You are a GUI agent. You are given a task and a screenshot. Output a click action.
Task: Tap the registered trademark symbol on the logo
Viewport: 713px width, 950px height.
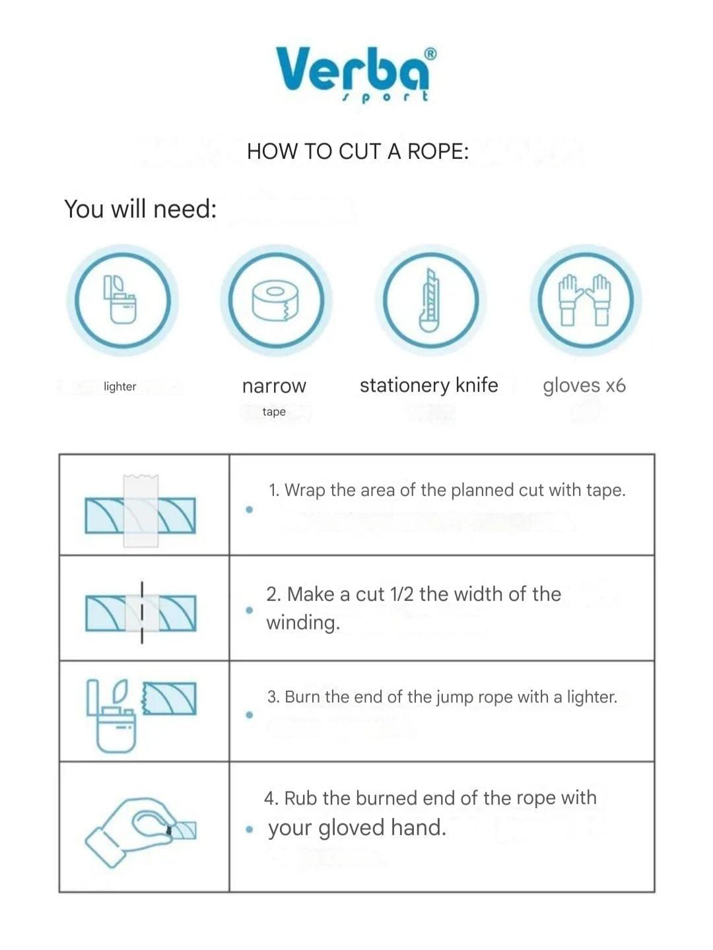(430, 54)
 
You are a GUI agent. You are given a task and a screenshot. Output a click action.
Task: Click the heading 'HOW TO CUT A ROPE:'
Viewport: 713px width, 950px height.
(358, 152)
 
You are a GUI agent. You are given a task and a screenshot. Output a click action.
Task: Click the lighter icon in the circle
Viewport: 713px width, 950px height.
(120, 300)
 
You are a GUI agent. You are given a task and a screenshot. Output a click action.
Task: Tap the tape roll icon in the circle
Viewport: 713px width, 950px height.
(275, 300)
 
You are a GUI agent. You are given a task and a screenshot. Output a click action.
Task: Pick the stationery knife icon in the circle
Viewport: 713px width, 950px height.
(429, 300)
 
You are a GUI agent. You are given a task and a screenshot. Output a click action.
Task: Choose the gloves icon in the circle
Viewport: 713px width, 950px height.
(585, 300)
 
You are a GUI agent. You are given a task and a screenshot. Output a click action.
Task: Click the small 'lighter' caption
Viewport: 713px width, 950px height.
(120, 386)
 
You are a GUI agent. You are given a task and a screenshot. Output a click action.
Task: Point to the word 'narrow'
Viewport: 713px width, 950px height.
(274, 386)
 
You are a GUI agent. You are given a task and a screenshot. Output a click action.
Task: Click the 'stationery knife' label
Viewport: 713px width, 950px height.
(428, 385)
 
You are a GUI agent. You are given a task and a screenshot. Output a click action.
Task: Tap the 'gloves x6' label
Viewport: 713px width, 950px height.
(584, 385)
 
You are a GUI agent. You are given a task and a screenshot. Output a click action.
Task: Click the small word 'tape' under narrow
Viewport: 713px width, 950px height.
(274, 411)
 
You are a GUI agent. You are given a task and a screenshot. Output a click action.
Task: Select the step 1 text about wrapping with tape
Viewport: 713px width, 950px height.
(447, 490)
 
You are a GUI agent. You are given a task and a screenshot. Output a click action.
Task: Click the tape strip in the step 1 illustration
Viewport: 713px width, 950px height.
(141, 511)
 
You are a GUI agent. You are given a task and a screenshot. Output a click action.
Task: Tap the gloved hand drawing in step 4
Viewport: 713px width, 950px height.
(130, 831)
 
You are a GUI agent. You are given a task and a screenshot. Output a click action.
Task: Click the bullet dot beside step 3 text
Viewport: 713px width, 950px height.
(250, 714)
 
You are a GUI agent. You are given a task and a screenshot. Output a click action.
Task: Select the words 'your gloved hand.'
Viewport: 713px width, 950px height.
(357, 827)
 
